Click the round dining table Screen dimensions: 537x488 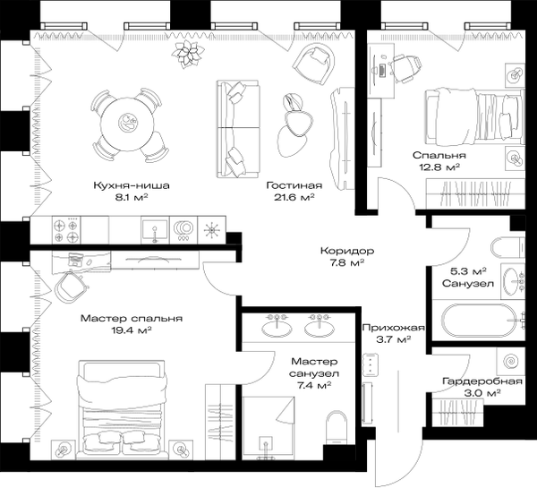point(126,124)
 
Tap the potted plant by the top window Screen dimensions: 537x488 point(188,54)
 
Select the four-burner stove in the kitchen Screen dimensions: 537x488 point(66,230)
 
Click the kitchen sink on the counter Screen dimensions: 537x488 point(155,230)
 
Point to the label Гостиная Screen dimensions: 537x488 point(294,185)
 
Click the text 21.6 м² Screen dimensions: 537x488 point(294,197)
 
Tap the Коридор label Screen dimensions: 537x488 point(347,251)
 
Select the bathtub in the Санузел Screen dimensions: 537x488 point(479,321)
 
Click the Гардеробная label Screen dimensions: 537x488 point(482,381)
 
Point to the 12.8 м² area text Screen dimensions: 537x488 point(439,167)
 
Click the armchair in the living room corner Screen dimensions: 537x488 point(313,64)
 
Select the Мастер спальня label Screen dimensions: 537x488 point(132,319)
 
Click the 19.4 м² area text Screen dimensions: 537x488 point(132,330)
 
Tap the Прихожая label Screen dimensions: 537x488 point(394,328)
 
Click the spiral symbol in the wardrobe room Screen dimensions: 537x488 point(511,361)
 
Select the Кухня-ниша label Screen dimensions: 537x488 point(132,185)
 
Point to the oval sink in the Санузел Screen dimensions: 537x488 point(511,281)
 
